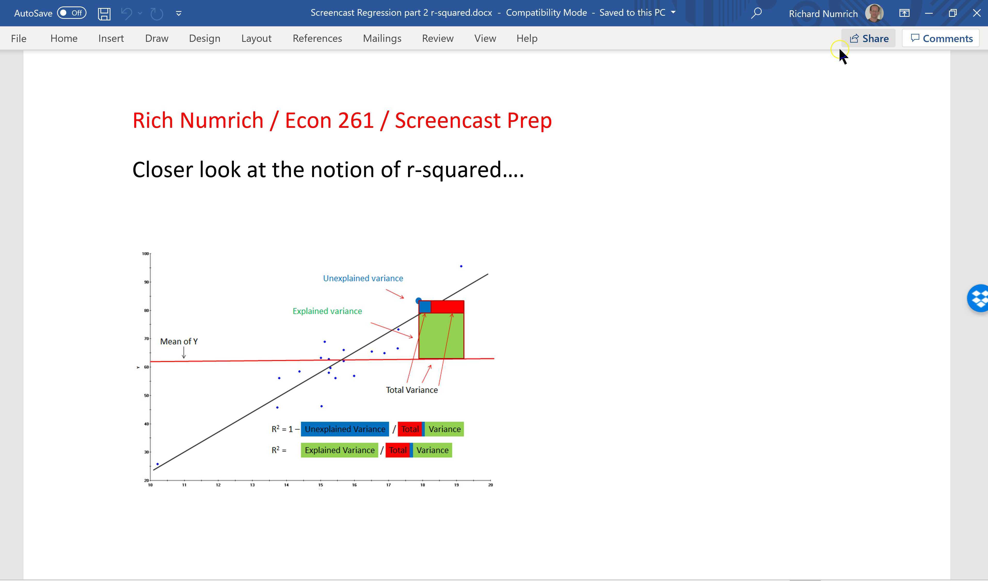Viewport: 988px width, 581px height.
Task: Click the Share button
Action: pos(869,38)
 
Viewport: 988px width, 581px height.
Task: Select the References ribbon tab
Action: pos(317,38)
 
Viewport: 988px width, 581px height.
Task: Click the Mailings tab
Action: pos(382,38)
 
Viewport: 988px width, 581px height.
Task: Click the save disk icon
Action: pos(104,13)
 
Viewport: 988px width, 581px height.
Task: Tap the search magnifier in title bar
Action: pos(756,13)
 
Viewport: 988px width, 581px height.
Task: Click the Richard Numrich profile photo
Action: pos(874,13)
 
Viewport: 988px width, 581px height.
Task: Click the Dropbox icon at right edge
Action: pos(979,298)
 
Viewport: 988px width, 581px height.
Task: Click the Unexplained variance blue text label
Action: pos(363,278)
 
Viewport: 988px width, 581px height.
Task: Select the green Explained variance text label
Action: pos(327,311)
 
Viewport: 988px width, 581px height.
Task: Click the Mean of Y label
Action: pos(179,341)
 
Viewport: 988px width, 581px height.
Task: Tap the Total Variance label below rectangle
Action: pos(412,390)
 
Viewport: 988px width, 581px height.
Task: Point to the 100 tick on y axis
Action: pos(146,253)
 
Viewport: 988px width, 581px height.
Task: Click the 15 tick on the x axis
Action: pos(320,485)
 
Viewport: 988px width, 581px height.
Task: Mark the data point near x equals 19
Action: pos(461,266)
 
